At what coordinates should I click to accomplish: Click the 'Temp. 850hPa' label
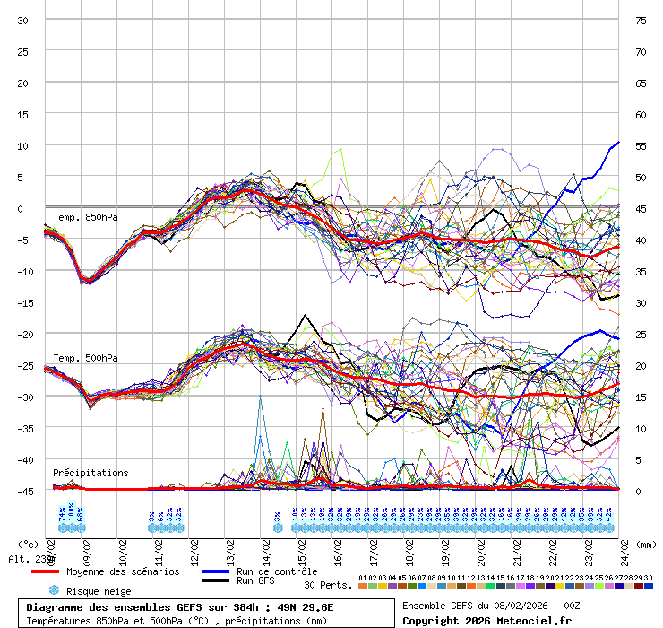85,217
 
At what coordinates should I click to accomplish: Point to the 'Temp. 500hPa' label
85,358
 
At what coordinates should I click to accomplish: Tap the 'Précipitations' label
90,473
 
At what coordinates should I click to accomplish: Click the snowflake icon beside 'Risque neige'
54,590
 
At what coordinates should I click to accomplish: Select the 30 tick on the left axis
23,20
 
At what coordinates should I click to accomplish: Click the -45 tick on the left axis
23,491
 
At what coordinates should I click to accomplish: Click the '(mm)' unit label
647,544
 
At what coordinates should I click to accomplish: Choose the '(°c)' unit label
29,544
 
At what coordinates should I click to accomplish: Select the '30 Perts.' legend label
328,585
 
